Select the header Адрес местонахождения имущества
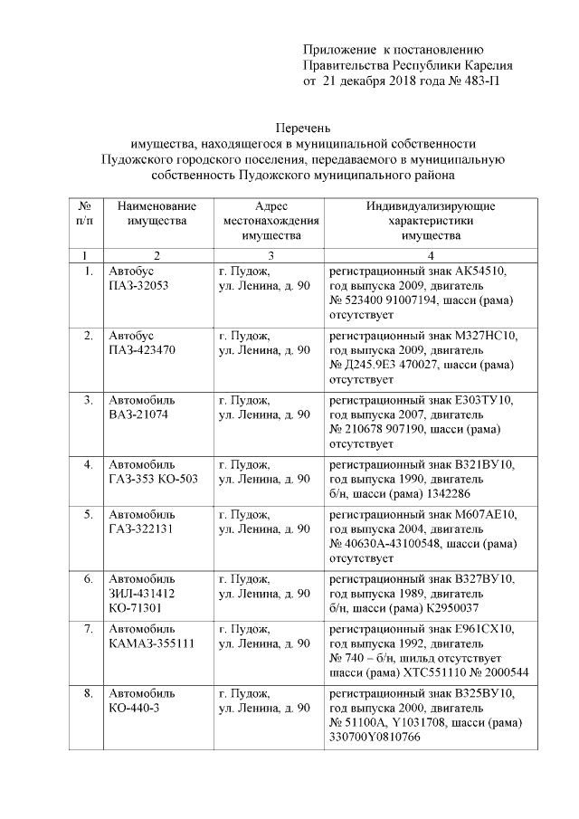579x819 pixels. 271,220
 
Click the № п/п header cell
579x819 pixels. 86,213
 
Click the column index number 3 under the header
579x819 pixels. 271,254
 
